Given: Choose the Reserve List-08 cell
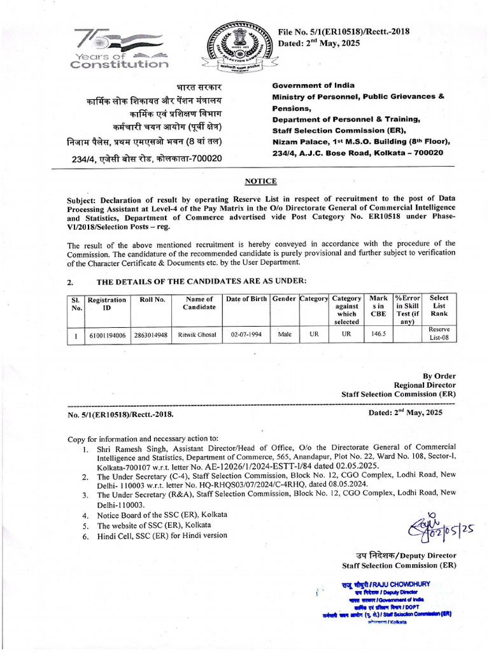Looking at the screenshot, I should [439, 334].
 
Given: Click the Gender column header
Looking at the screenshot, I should [284, 299].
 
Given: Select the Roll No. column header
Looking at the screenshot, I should [152, 299].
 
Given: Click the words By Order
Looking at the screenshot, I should [439, 376].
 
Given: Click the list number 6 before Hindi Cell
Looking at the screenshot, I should [85, 535].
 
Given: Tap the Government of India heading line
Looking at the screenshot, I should [314, 85].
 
